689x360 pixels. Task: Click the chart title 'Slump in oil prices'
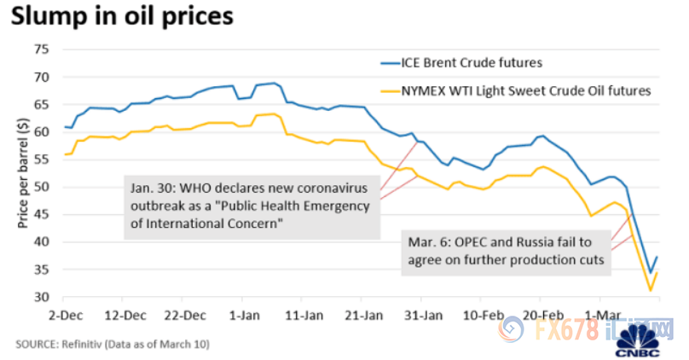pyautogui.click(x=119, y=18)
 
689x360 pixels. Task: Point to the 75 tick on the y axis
pyautogui.click(x=39, y=49)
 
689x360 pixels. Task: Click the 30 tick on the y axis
pyautogui.click(x=39, y=297)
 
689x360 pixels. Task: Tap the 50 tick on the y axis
pyautogui.click(x=39, y=187)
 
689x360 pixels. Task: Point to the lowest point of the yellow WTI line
pyautogui.click(x=651, y=291)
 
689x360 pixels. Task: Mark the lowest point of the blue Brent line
pyautogui.click(x=650, y=273)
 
